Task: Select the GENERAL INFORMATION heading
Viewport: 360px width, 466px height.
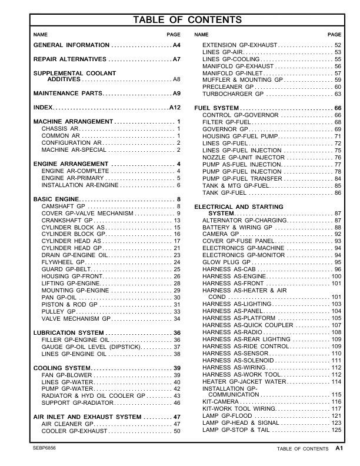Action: coord(71,45)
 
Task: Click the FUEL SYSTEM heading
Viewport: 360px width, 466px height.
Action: coord(216,108)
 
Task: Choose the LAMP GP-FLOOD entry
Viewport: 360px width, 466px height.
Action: coord(226,416)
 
